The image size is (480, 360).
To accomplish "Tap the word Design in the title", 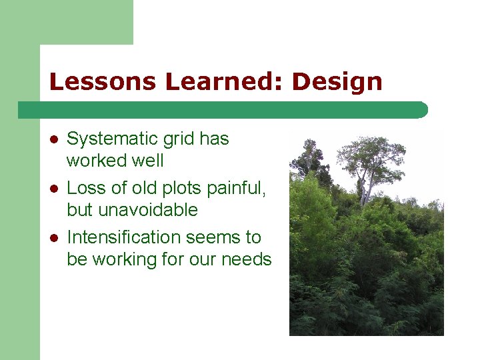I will [337, 82].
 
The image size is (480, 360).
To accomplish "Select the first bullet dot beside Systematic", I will [53, 139].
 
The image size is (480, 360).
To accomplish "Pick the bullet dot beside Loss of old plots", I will [53, 189].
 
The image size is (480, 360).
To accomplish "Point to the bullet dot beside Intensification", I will [53, 237].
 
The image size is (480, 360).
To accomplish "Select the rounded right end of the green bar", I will [422, 110].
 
